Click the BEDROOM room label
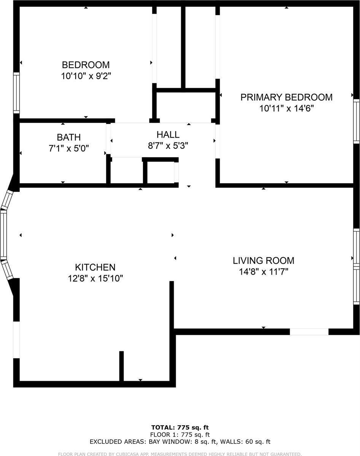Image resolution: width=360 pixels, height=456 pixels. [x=86, y=65]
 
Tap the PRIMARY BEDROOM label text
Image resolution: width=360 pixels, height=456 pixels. [x=286, y=97]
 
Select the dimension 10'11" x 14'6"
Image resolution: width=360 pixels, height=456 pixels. [x=286, y=108]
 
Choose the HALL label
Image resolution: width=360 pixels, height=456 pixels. [x=168, y=135]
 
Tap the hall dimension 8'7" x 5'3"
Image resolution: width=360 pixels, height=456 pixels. [x=168, y=145]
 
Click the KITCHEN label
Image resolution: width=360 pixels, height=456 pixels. [x=95, y=268]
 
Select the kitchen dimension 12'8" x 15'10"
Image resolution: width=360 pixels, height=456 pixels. [x=95, y=279]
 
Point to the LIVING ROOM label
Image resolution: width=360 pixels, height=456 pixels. [x=263, y=261]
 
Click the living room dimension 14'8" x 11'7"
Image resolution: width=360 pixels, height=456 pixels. [x=263, y=272]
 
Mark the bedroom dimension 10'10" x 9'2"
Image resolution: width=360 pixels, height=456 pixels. [x=86, y=76]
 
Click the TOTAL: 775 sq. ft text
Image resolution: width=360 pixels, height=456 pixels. [x=180, y=427]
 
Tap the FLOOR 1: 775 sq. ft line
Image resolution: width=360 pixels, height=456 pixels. [x=180, y=434]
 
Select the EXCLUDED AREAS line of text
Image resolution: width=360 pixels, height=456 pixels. [x=180, y=442]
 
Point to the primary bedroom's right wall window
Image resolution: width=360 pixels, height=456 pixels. [x=356, y=121]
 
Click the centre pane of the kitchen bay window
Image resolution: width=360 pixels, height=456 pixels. [x=3, y=234]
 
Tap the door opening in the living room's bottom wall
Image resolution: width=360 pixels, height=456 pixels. [x=309, y=332]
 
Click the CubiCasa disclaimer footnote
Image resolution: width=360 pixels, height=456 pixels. [x=180, y=454]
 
